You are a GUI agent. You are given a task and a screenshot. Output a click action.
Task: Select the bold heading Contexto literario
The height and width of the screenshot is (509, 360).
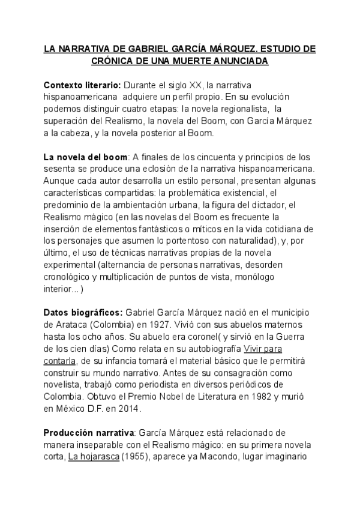coord(82,85)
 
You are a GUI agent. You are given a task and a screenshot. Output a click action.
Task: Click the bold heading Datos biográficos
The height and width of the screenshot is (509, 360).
coord(83,312)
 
